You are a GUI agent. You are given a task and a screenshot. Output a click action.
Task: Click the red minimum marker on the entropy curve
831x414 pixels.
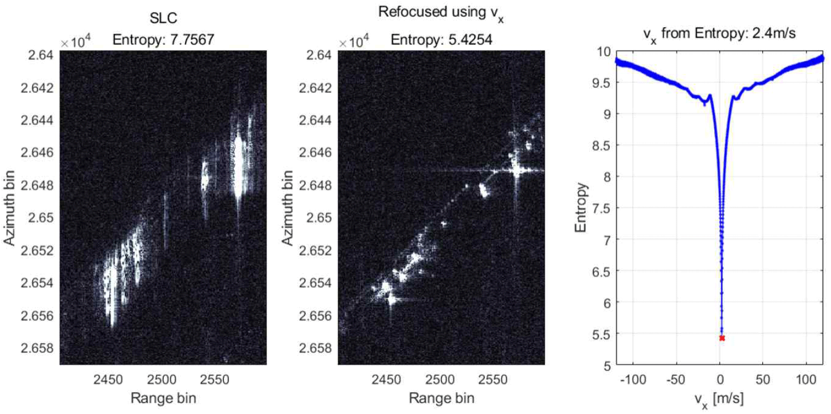pos(722,338)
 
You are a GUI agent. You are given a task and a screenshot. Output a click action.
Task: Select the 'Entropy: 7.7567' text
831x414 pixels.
pos(163,39)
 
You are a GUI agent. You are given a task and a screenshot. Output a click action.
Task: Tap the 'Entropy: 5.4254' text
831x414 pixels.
pos(441,39)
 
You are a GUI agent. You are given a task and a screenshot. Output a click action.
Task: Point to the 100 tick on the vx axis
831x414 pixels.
pos(806,378)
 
